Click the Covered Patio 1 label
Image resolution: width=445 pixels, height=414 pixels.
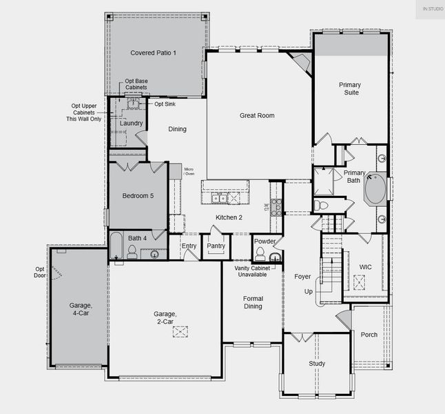point(154,53)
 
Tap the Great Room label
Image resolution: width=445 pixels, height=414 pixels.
point(257,115)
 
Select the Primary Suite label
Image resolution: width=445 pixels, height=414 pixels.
point(349,89)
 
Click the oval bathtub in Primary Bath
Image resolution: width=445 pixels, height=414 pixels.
point(375,190)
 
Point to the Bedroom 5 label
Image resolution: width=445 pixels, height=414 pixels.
point(138,196)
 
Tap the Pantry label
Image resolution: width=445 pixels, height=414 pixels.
point(216,246)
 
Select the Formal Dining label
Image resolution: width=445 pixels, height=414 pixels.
point(253,302)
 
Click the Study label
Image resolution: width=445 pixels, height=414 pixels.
point(317,364)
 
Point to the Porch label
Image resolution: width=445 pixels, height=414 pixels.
point(369,335)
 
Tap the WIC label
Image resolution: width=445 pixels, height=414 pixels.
point(366,266)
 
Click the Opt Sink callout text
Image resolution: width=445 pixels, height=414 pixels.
point(164,103)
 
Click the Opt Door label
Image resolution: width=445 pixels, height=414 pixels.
point(41,273)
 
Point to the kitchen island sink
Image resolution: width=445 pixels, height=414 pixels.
point(219,198)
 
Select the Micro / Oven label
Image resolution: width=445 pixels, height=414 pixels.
point(189,171)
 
